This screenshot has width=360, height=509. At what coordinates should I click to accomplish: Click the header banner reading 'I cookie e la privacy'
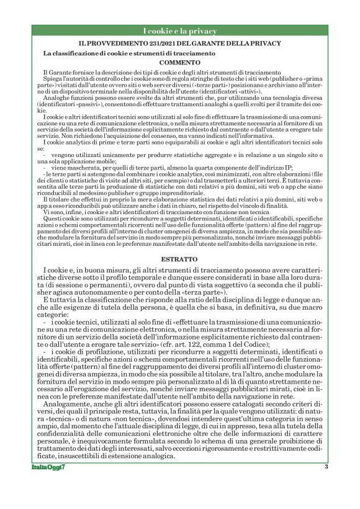tap(179, 31)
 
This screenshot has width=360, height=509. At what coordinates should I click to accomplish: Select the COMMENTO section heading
tap(179, 63)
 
